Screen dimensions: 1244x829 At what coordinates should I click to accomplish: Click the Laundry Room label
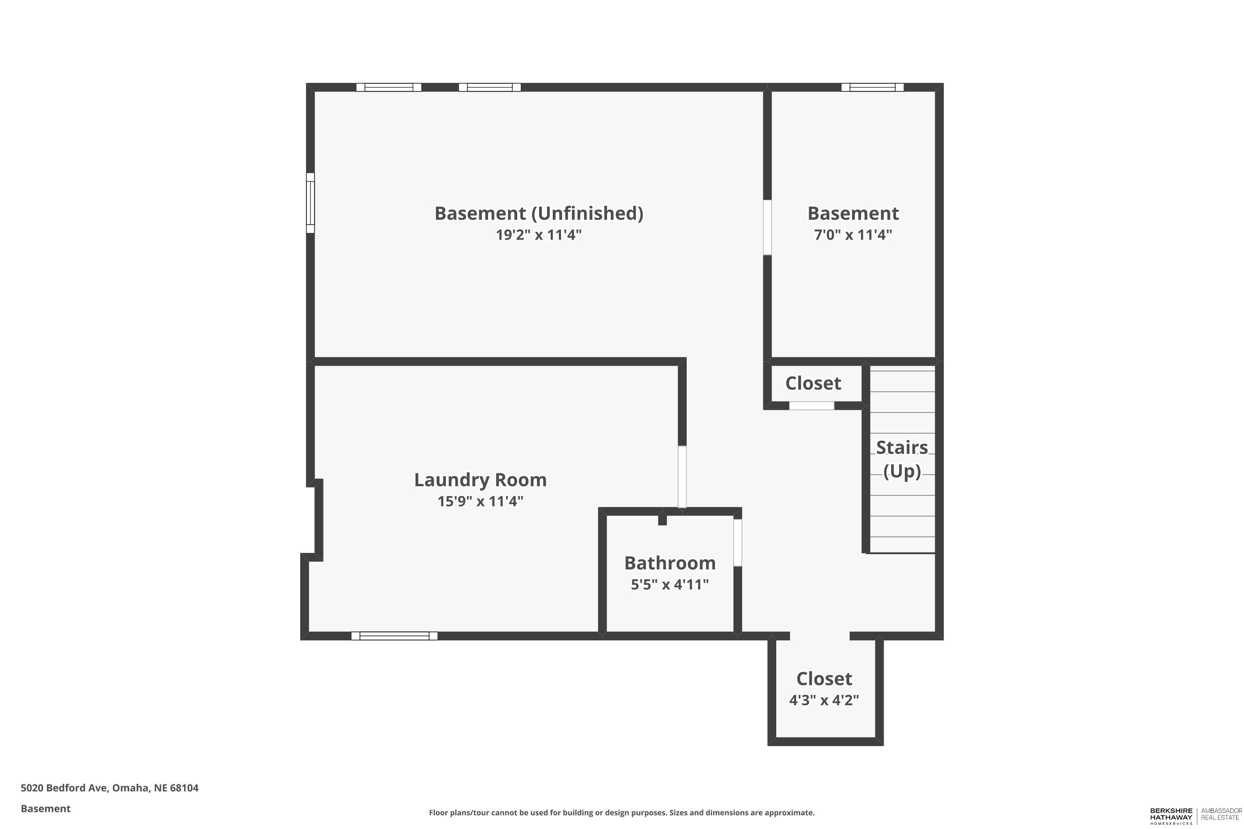pyautogui.click(x=480, y=480)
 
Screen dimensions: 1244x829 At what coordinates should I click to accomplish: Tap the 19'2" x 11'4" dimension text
pyautogui.click(x=538, y=234)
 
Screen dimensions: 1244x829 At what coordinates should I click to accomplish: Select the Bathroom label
pyautogui.click(x=670, y=562)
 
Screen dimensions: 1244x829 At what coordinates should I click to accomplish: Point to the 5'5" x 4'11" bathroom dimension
pyautogui.click(x=670, y=584)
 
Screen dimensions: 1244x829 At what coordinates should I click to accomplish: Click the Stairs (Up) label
pyautogui.click(x=902, y=459)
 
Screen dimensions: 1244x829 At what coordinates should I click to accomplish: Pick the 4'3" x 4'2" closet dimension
pyautogui.click(x=824, y=700)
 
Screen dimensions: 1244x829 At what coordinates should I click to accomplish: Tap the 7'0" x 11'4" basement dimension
pyautogui.click(x=853, y=234)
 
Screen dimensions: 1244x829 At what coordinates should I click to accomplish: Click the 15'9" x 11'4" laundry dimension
pyautogui.click(x=480, y=501)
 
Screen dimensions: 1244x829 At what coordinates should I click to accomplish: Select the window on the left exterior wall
pyautogui.click(x=311, y=203)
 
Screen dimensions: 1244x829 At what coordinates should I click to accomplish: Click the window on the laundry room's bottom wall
pyautogui.click(x=394, y=635)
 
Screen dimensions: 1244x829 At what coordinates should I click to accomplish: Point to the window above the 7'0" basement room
pyautogui.click(x=872, y=87)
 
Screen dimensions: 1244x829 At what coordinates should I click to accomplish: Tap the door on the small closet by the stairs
pyautogui.click(x=812, y=405)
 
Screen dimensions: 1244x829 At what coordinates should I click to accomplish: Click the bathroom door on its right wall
pyautogui.click(x=737, y=543)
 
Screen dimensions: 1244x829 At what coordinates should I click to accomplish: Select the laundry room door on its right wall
pyautogui.click(x=682, y=477)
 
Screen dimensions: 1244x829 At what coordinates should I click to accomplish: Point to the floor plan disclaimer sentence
pyautogui.click(x=622, y=812)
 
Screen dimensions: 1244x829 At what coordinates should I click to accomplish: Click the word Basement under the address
pyautogui.click(x=46, y=808)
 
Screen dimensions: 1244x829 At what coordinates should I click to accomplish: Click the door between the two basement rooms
pyautogui.click(x=767, y=227)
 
